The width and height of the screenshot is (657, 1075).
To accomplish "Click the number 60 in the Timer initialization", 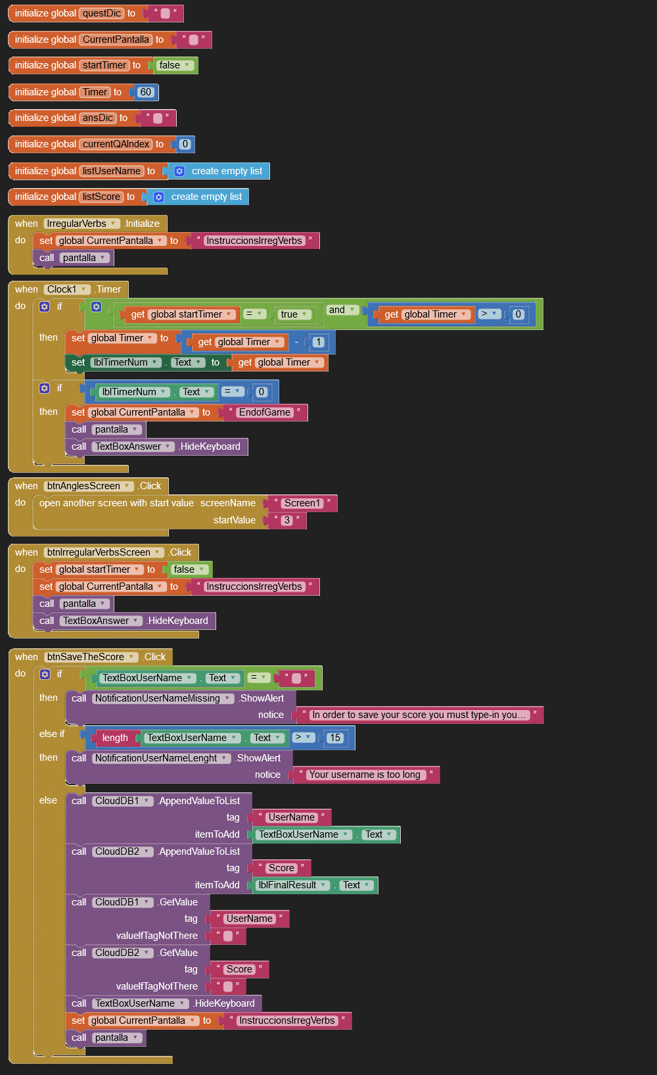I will pos(146,92).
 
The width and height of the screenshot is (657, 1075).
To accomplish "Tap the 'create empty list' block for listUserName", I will pos(226,171).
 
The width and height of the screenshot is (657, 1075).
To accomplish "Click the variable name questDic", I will pos(102,13).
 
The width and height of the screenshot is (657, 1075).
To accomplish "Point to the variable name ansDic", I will pos(98,118).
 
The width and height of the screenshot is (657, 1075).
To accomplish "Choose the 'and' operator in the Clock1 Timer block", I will pos(337,310).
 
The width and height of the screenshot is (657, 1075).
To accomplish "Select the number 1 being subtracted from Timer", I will pos(319,342).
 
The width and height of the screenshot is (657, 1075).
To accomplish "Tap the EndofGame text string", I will pos(265,412).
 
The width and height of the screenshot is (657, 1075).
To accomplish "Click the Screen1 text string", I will pos(302,503).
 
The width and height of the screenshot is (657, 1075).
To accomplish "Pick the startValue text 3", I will pos(286,520).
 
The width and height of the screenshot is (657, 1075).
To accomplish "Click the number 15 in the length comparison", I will pos(335,738).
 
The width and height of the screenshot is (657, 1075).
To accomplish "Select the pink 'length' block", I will pos(115,738).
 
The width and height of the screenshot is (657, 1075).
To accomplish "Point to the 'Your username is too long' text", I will pos(365,775).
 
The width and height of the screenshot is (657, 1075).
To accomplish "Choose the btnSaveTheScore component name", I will pos(85,657).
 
